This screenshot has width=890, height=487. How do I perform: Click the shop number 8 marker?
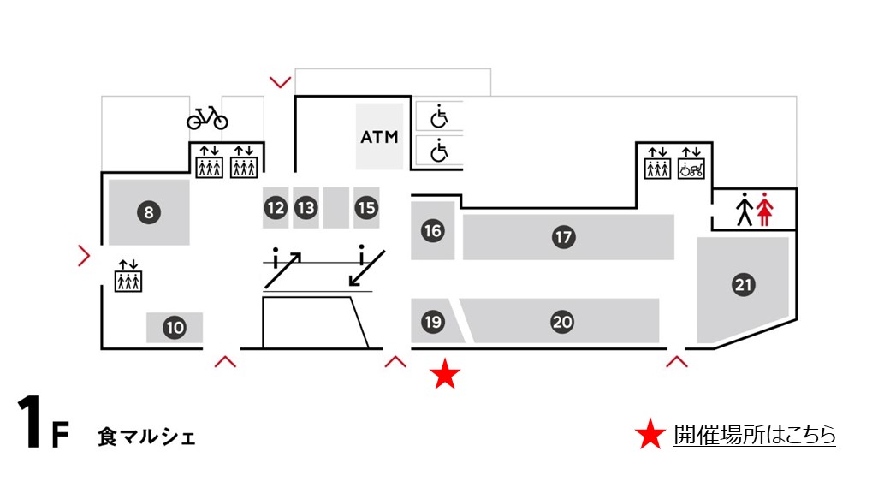pos(148,213)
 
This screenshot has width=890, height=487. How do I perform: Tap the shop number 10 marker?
pos(175,327)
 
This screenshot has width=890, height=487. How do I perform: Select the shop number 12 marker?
pos(276,207)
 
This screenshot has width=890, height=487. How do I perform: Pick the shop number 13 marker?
pos(306,207)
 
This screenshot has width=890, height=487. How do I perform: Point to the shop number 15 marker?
pos(366,207)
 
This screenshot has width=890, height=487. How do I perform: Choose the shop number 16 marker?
pos(432,230)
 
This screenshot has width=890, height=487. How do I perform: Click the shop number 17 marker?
pos(562,237)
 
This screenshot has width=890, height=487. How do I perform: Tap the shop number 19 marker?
pos(432,322)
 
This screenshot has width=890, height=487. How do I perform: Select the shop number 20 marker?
pos(561,322)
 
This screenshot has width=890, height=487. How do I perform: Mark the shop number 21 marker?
pos(744,286)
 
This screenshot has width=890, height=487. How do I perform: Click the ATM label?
pos(380,137)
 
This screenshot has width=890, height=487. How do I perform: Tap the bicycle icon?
pos(207,117)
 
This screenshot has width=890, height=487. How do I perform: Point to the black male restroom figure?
pos(745,210)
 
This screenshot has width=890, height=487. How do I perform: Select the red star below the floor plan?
pos(445,375)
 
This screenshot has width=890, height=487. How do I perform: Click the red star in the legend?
pos(650,436)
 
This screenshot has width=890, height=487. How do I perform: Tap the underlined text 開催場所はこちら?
pos(754,435)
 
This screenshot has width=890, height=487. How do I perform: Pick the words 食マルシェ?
pos(146,437)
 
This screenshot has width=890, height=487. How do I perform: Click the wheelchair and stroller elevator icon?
pos(691,163)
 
